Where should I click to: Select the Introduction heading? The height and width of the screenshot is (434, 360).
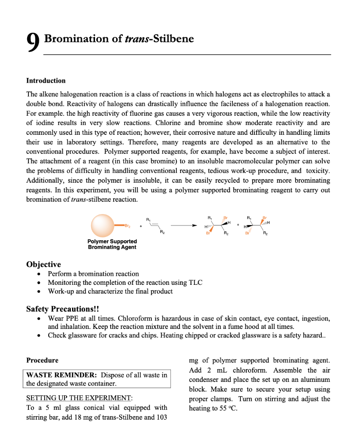click(46, 81)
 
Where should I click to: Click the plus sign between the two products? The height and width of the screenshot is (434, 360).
click(238, 225)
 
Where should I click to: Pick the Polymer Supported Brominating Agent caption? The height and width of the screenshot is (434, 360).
click(112, 244)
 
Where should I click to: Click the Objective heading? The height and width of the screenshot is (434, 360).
click(43, 264)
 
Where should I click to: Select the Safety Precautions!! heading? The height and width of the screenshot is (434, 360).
click(62, 309)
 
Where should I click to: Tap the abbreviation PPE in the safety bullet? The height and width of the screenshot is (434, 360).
click(71, 318)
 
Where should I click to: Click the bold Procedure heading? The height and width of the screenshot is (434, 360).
click(42, 360)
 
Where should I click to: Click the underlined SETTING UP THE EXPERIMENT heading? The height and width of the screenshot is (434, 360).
click(79, 398)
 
